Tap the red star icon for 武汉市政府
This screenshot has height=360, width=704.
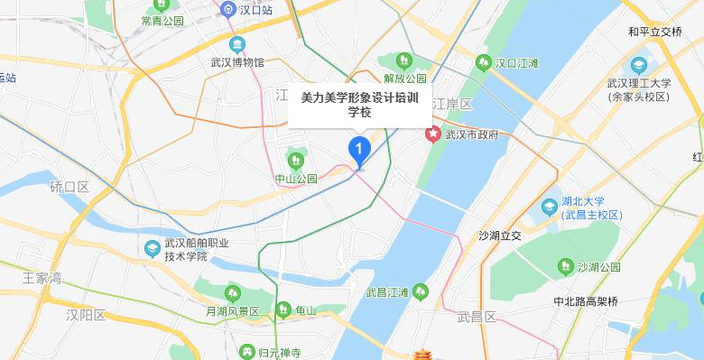[433, 134]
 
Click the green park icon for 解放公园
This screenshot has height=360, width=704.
[403, 61]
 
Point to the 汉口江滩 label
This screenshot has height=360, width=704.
[516, 63]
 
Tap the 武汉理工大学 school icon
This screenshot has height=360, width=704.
[639, 65]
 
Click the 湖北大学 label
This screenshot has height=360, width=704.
[588, 201]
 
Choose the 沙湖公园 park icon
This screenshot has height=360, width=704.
[566, 266]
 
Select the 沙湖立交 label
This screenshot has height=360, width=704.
[500, 236]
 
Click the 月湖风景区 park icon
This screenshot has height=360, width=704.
[233, 292]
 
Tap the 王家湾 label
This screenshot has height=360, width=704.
[42, 277]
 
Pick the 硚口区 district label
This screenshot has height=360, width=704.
[69, 187]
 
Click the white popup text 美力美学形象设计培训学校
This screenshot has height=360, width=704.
[359, 104]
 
